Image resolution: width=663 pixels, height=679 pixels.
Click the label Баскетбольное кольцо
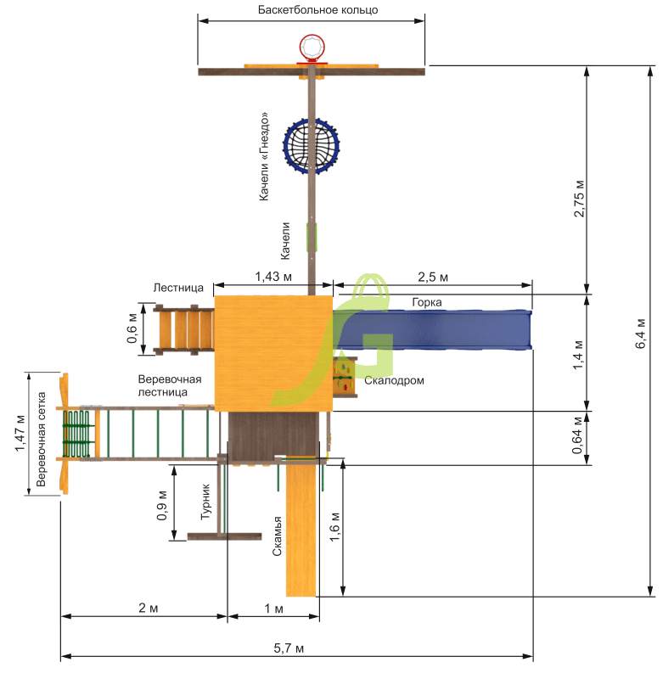[x=317, y=9]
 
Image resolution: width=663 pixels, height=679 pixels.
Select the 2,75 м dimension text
[x=579, y=199]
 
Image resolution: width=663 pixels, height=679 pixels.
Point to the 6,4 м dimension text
[x=640, y=334]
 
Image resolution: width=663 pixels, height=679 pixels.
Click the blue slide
[x=432, y=329]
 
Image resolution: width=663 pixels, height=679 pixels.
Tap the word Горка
[x=426, y=302]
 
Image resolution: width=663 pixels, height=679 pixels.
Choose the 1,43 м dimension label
[x=273, y=277]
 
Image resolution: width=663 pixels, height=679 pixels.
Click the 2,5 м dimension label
[x=433, y=277]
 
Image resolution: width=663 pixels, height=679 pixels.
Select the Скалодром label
[x=394, y=380]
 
